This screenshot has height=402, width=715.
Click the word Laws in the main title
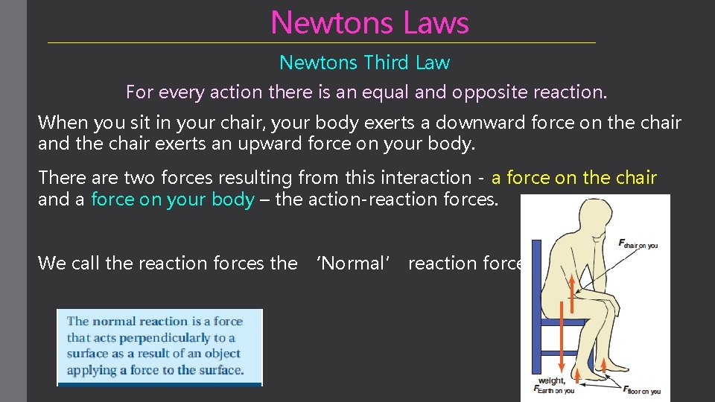click(436, 22)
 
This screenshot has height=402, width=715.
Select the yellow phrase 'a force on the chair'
click(573, 177)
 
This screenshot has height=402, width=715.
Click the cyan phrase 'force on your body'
click(173, 200)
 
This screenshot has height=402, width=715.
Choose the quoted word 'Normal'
click(353, 263)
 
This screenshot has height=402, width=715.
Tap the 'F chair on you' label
click(638, 243)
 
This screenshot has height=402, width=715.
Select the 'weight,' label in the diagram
click(553, 380)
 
